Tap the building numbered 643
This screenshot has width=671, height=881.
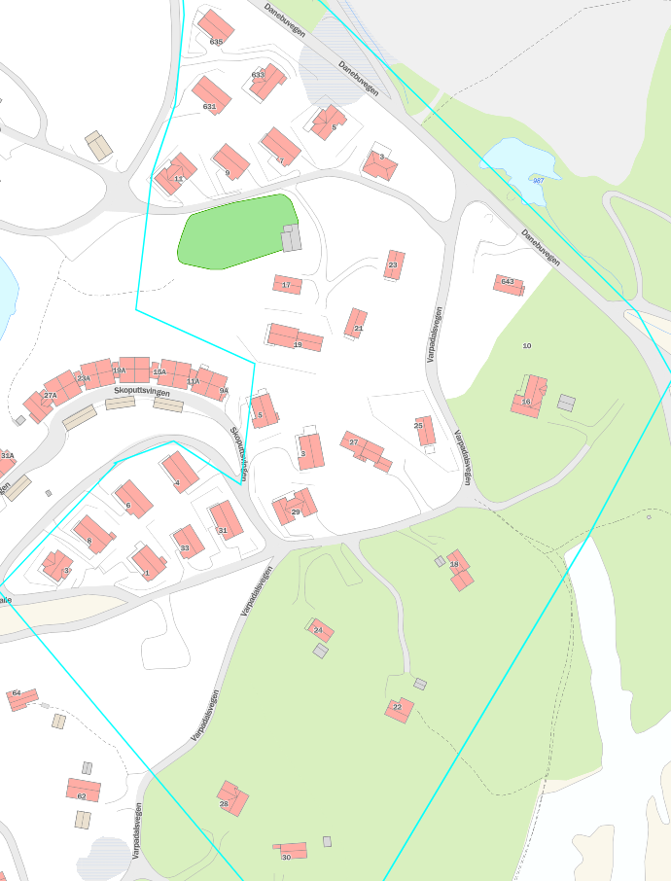click(509, 285)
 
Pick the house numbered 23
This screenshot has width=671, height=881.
click(394, 264)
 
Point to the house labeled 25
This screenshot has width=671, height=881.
click(425, 431)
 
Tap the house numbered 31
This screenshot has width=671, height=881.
click(227, 520)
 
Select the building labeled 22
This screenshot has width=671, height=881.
click(399, 710)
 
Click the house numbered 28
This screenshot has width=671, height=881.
click(232, 798)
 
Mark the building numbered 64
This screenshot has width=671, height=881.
click(21, 699)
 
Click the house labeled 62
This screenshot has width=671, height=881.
click(84, 790)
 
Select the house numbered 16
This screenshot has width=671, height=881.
click(529, 397)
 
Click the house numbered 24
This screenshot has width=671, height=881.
click(320, 630)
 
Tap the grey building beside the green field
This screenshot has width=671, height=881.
click(291, 238)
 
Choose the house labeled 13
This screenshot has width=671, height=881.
click(175, 174)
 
